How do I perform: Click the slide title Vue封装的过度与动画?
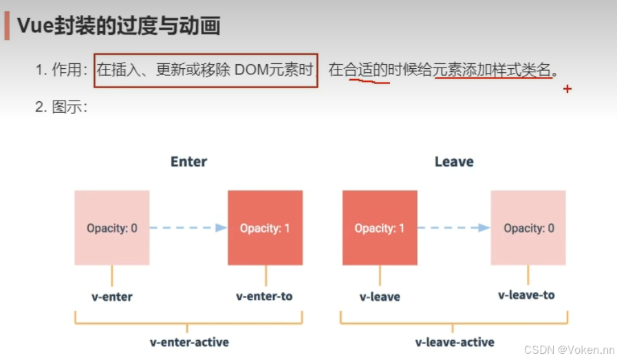118,26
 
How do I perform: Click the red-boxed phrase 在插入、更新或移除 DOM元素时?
205,70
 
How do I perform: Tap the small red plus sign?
567,89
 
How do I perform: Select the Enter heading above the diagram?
188,162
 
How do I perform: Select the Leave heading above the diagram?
454,162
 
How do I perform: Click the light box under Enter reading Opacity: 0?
112,228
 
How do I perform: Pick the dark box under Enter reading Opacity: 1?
265,228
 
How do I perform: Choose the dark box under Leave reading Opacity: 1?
380,228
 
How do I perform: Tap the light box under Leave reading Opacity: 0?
528,228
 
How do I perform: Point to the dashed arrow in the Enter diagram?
188,228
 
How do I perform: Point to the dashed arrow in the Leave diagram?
453,228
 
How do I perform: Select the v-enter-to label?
264,296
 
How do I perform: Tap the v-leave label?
380,297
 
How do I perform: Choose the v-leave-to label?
526,295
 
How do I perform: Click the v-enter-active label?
189,342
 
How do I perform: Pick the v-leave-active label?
455,342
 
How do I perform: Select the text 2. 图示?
61,107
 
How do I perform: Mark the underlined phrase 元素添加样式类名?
492,70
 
